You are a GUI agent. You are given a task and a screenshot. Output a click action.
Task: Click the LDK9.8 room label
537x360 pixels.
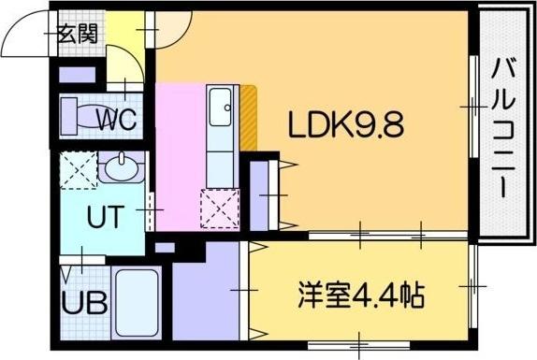click(x=345, y=125)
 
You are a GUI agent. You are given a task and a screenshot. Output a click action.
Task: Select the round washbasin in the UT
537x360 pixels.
click(x=121, y=169)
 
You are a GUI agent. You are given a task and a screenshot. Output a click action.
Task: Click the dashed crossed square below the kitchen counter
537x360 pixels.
click(x=220, y=209)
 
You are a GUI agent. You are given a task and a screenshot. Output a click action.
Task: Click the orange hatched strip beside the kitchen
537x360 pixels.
click(x=249, y=118)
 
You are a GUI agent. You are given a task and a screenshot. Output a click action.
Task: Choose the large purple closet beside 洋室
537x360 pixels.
click(x=208, y=292)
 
